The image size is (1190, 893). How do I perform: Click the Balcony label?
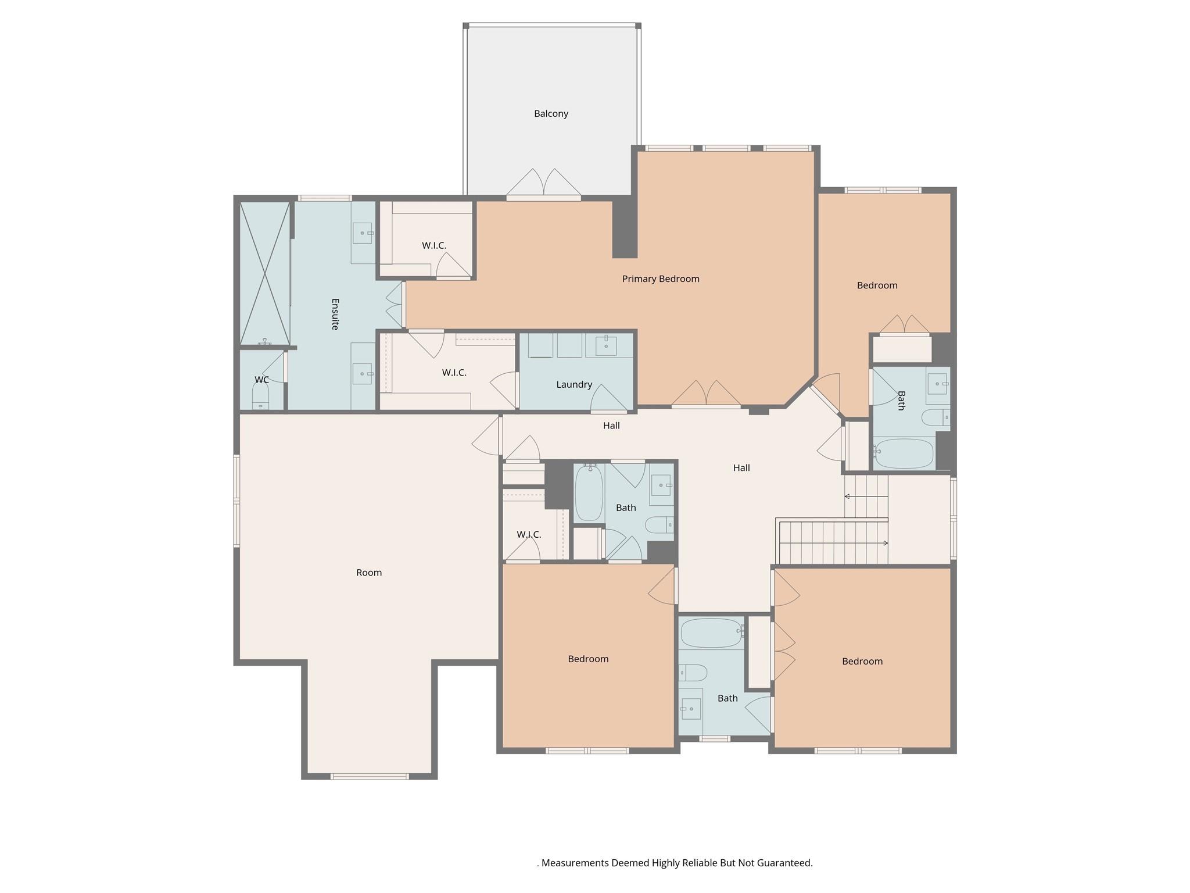tap(551, 114)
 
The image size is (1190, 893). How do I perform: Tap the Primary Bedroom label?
tap(661, 279)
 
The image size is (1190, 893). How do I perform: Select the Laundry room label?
tap(574, 385)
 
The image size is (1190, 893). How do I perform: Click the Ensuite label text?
tap(335, 314)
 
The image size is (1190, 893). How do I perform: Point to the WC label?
tap(261, 380)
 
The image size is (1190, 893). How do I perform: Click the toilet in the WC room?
tap(260, 397)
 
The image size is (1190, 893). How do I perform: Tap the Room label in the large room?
tap(369, 573)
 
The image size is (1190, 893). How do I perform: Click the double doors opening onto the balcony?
tap(543, 184)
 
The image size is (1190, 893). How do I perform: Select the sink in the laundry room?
tap(605, 345)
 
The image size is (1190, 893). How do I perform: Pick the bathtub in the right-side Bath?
tap(904, 454)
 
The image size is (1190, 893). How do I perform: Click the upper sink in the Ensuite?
tap(363, 233)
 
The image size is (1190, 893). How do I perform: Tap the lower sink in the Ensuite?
tap(363, 374)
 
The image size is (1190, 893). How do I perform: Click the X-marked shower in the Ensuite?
tap(265, 273)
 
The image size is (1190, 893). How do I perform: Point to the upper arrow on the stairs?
tap(866, 496)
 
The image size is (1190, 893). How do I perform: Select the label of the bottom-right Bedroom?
tap(862, 662)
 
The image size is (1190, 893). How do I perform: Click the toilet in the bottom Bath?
tap(693, 673)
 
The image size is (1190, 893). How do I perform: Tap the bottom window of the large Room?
tap(370, 776)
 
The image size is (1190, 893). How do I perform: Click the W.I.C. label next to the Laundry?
tap(454, 373)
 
